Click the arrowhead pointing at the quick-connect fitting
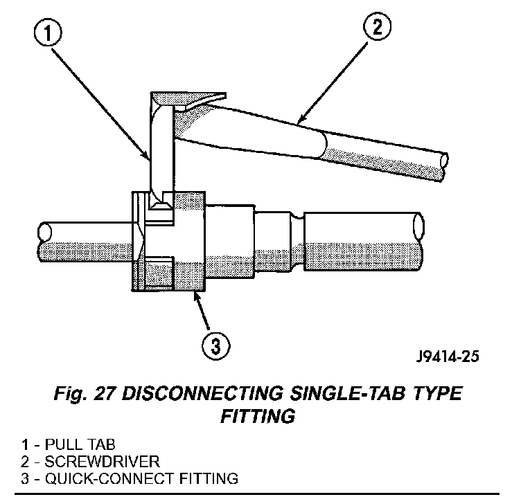197,296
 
